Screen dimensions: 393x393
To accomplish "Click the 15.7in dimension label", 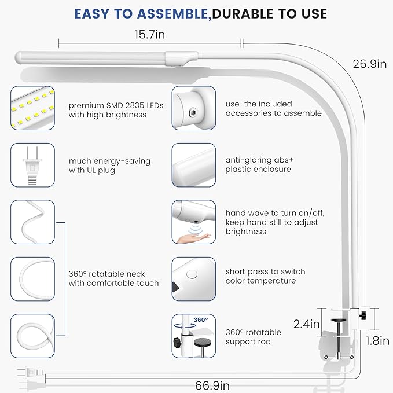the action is pyautogui.click(x=150, y=35).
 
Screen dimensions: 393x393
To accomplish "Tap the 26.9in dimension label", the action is pyautogui.click(x=370, y=64).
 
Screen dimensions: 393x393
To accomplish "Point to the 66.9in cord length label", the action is pyautogui.click(x=212, y=385).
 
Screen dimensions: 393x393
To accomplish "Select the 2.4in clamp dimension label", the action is pyautogui.click(x=307, y=324).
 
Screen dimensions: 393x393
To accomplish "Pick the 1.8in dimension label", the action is pyautogui.click(x=377, y=341).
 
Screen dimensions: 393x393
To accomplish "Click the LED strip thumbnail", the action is pyautogui.click(x=32, y=108).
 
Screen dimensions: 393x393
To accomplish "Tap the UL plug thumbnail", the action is pyautogui.click(x=32, y=165).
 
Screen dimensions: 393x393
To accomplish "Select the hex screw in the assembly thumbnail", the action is pyautogui.click(x=193, y=112).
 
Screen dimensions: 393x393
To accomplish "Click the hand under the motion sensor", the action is pyautogui.click(x=194, y=238).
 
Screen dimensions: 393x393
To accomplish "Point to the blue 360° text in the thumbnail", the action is pyautogui.click(x=201, y=320).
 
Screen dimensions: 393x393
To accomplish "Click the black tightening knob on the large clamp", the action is pyautogui.click(x=362, y=316).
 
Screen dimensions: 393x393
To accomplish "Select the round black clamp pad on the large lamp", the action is pyautogui.click(x=339, y=320).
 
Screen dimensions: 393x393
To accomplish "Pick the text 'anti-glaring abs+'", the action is pyautogui.click(x=259, y=160).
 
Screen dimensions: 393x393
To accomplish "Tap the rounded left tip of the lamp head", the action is pyautogui.click(x=17, y=57).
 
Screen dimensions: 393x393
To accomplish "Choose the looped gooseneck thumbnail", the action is pyautogui.click(x=32, y=336).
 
